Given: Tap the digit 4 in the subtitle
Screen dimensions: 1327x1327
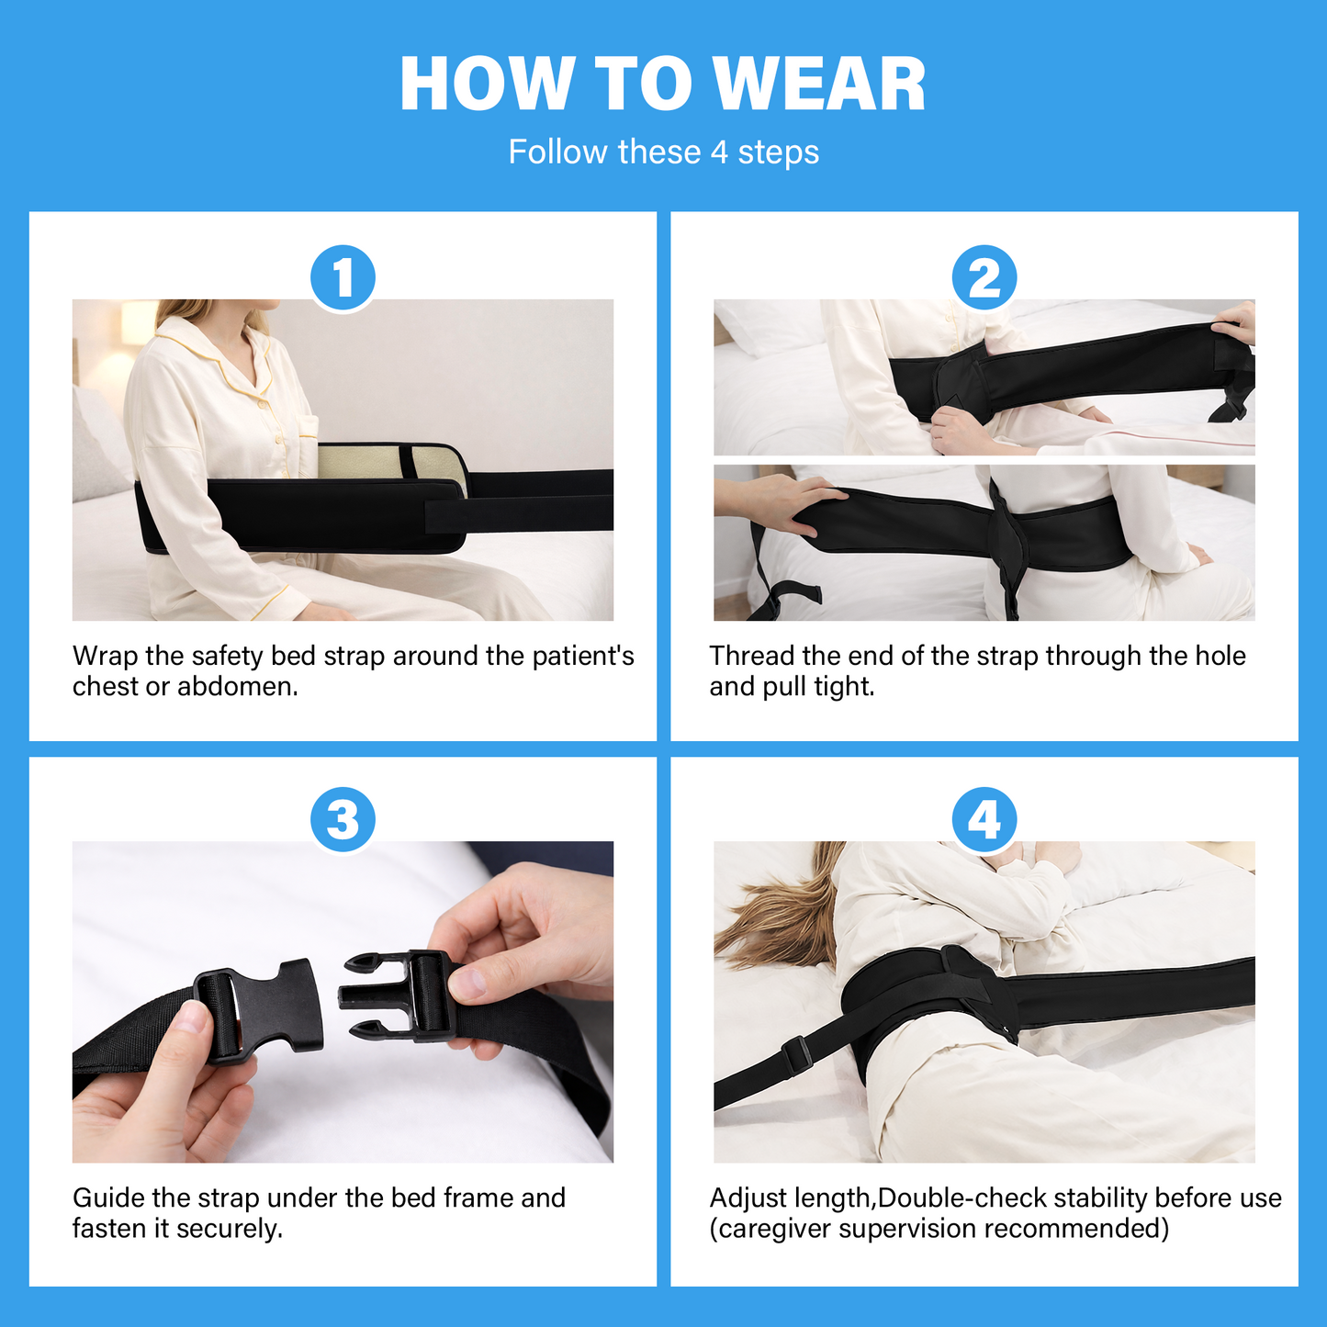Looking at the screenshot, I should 719,152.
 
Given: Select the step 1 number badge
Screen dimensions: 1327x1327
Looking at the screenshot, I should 343,277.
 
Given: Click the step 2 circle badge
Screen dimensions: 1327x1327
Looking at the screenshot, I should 984,277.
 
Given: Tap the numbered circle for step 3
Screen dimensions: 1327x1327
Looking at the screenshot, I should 343,819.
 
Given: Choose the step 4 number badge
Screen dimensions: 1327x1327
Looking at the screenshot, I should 984,819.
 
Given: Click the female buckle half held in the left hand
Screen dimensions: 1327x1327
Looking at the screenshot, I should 263,1010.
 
